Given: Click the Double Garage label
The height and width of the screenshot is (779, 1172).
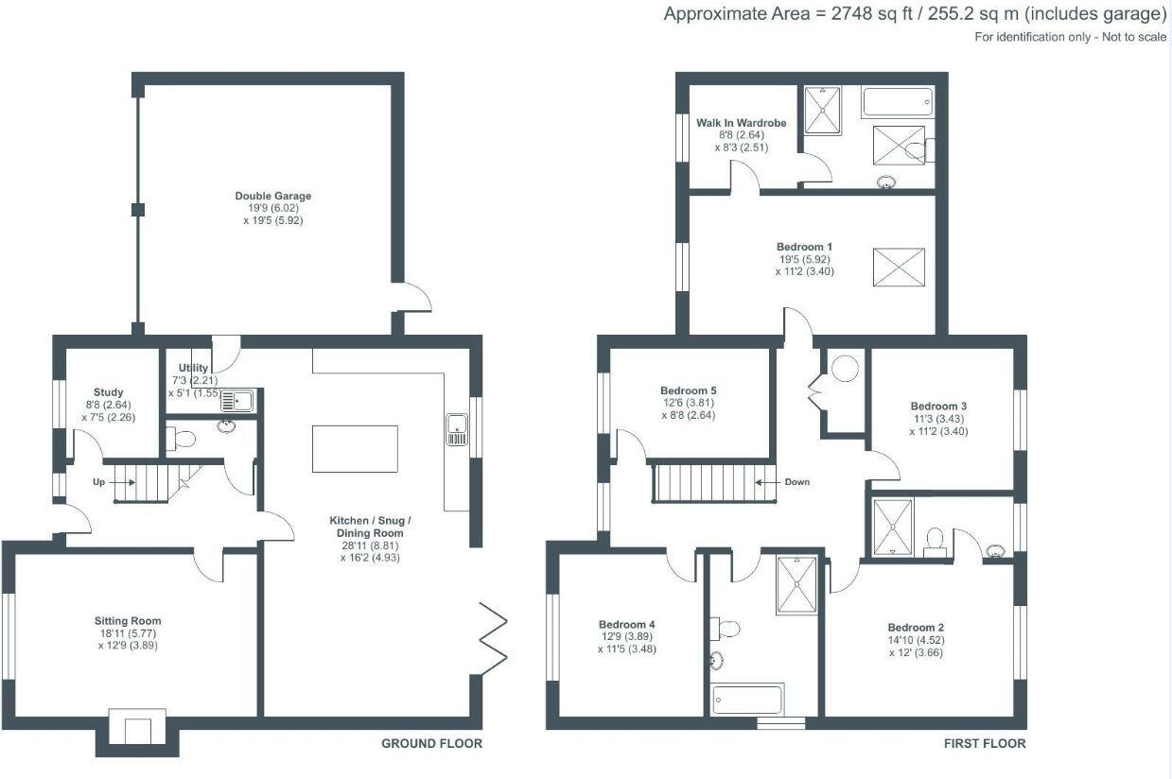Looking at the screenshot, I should [x=272, y=197].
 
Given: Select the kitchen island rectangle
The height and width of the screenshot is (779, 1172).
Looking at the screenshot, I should [x=355, y=448].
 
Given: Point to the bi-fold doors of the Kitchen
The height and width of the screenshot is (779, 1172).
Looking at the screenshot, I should [x=494, y=638].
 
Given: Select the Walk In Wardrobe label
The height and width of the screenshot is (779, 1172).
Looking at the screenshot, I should [x=742, y=123].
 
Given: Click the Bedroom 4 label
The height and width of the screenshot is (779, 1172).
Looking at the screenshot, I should [x=627, y=624].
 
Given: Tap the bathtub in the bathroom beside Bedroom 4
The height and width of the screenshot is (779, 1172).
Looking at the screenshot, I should [x=747, y=700].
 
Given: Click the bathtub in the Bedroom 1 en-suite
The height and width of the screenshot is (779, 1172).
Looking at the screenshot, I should [x=898, y=102].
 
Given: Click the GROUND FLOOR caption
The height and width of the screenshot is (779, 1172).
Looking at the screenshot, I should [x=431, y=744].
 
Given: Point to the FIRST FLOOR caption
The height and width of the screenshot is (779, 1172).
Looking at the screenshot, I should [x=984, y=744].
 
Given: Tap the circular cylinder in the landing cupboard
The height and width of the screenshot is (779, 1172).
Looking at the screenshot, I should [x=845, y=368].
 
